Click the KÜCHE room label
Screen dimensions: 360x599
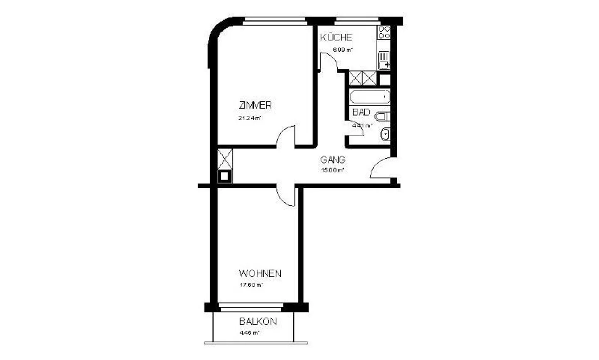coord(336,37)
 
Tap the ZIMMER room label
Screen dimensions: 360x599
coord(255,105)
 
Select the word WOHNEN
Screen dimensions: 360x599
coord(260,274)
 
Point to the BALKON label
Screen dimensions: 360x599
coord(258,322)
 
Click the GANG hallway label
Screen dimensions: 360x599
coord(333,160)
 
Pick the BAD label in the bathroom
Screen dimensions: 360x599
coord(361,112)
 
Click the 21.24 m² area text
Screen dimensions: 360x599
coord(249,118)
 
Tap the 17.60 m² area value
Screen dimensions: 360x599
coord(251,285)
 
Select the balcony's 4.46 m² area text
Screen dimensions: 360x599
coord(250,333)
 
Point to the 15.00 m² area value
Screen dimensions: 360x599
coord(332,170)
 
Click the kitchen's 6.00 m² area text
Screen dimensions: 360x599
coord(342,50)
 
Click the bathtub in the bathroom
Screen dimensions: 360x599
coord(369,97)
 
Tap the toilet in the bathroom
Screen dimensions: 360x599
coord(383,116)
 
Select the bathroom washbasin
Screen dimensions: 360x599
coord(385,134)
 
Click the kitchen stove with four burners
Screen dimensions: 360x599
coord(384,32)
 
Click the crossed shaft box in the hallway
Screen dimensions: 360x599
coord(225,158)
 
